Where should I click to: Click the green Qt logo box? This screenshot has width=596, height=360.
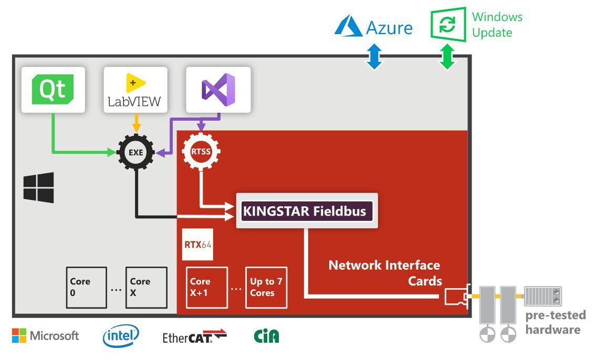tap(53, 89)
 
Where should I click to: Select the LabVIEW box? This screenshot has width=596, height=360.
tap(135, 90)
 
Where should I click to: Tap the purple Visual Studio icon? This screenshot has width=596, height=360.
tap(218, 90)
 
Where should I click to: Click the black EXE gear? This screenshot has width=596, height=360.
tap(135, 153)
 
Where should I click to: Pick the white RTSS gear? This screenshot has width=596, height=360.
tap(201, 153)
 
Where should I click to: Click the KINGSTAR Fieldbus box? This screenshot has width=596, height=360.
tap(307, 211)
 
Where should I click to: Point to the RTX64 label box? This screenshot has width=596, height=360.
tap(197, 245)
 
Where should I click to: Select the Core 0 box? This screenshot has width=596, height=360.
tap(86, 288)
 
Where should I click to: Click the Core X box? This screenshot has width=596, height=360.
tap(146, 288)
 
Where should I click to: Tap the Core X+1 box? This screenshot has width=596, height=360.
tap(207, 288)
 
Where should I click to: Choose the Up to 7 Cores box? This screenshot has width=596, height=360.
tap(266, 288)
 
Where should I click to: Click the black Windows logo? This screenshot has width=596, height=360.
tap(38, 187)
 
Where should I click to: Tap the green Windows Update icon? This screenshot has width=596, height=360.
tap(448, 24)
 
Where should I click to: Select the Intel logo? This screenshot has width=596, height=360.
tap(121, 336)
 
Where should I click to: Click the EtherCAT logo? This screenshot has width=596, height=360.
tap(194, 336)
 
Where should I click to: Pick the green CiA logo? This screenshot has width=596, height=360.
tap(267, 336)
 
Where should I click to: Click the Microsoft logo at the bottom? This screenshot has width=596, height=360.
tap(45, 336)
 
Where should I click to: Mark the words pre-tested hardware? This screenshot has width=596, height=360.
tap(555, 322)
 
